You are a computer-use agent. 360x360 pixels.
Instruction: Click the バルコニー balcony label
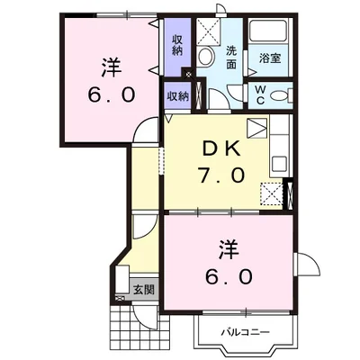[246, 332]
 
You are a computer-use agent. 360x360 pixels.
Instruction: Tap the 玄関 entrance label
[144, 290]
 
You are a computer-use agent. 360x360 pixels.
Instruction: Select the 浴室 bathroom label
[270, 58]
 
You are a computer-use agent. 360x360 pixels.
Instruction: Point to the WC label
[260, 94]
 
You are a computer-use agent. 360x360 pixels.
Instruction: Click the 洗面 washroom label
[231, 57]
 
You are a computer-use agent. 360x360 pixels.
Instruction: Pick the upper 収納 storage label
[177, 45]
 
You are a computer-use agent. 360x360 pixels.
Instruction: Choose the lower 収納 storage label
[177, 96]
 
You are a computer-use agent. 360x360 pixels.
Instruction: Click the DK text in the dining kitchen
[222, 149]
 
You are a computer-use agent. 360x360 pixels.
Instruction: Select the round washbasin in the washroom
[206, 56]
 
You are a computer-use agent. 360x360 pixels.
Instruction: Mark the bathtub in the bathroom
[268, 31]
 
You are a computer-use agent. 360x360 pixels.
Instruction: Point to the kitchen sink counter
[281, 146]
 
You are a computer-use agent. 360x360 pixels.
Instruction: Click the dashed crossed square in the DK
[271, 193]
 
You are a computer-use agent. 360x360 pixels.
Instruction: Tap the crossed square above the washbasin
[208, 31]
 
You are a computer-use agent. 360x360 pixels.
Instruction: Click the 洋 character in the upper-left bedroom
[111, 67]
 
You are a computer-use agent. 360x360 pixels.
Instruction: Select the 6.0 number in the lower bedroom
[229, 276]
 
